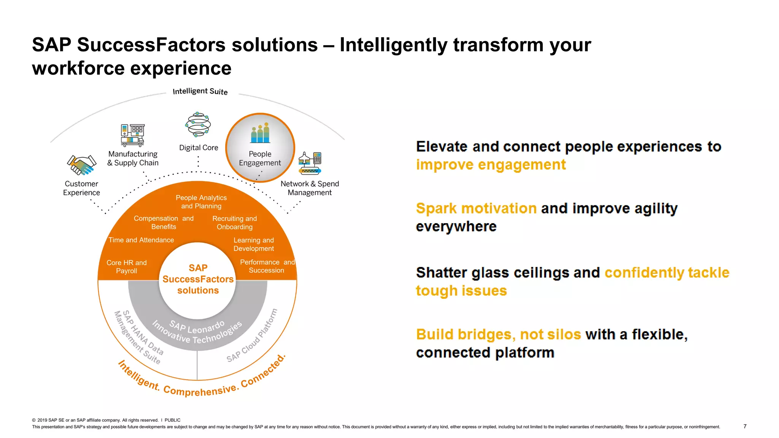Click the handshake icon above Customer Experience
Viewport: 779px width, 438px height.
click(x=81, y=165)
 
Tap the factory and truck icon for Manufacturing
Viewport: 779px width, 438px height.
click(x=132, y=135)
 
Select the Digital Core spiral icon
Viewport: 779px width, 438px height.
click(x=198, y=124)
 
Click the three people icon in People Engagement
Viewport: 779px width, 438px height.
click(x=261, y=133)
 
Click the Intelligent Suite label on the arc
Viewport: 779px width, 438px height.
click(x=200, y=91)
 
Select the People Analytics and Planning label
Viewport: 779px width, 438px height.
click(x=201, y=202)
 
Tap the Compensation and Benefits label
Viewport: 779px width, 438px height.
click(x=164, y=222)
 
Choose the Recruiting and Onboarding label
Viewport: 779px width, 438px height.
click(x=235, y=223)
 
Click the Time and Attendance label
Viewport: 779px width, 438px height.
click(x=141, y=240)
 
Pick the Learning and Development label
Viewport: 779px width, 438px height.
click(x=253, y=244)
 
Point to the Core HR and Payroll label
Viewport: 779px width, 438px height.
click(x=126, y=267)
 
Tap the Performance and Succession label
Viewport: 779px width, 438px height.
click(x=267, y=266)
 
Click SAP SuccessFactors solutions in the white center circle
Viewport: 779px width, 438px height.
click(x=198, y=279)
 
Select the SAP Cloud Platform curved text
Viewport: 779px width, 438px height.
click(x=252, y=336)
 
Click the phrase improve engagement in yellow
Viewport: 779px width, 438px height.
click(x=491, y=165)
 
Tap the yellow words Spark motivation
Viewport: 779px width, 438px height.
click(x=476, y=208)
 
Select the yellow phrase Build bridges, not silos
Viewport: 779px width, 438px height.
click(x=498, y=335)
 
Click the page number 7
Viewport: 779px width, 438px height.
click(x=745, y=426)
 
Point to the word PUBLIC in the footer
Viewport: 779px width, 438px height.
click(x=172, y=420)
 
